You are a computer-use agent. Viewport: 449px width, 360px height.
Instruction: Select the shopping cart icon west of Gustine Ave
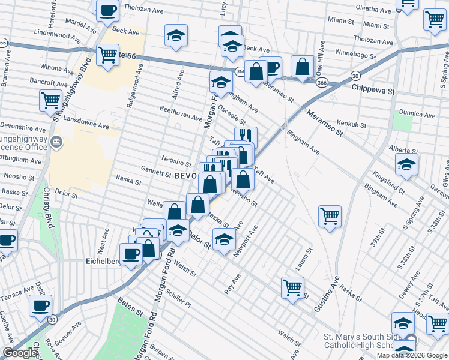point(330,216)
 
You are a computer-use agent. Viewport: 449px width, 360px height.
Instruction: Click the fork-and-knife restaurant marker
point(245,137)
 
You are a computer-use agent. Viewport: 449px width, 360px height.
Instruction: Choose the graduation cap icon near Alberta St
point(406,164)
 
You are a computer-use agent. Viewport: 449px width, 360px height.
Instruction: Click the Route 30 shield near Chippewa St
point(355,76)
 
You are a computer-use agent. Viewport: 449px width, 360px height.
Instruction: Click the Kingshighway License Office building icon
point(56,142)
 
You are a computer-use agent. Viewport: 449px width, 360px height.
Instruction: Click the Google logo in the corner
point(20,353)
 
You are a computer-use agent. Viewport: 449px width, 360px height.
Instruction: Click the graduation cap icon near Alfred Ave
point(176,35)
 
